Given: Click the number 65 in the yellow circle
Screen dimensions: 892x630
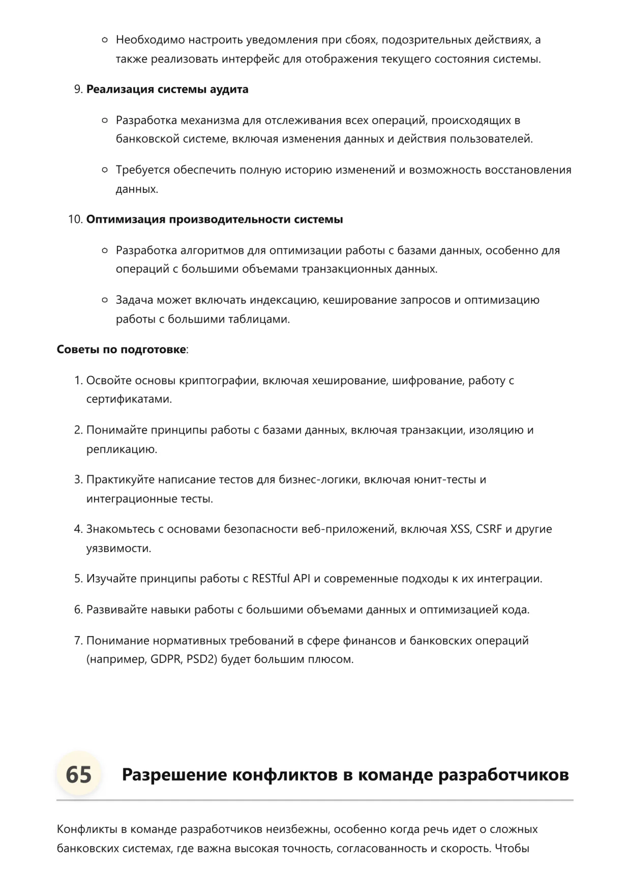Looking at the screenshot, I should (x=79, y=774).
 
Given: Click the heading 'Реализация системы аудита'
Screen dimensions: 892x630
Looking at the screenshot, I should (x=167, y=90).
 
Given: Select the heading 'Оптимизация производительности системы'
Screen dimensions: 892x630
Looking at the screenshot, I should (x=215, y=219).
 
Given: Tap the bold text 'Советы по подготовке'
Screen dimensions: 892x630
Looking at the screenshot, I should (x=121, y=350).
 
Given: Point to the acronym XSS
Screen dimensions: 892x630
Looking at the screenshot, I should (x=460, y=529).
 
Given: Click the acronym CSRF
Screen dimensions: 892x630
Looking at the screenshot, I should (x=489, y=529).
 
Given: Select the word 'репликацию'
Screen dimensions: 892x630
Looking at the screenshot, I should (x=121, y=450).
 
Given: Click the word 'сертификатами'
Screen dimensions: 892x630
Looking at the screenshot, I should (x=129, y=399).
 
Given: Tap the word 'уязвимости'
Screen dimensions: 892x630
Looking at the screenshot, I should (x=118, y=549).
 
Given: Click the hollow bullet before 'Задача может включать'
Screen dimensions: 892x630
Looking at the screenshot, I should (x=105, y=300).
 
